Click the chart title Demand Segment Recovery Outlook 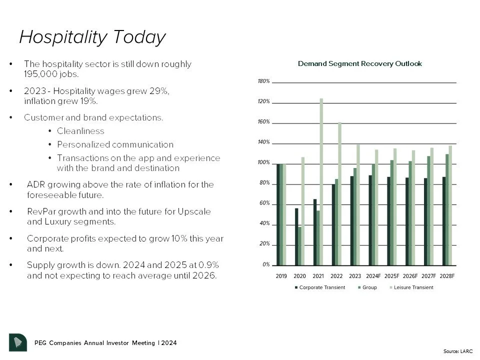[x=359, y=64]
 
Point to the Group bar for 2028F [x=446, y=209]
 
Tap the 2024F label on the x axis [x=373, y=275]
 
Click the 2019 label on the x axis [x=281, y=275]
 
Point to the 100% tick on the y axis [x=264, y=163]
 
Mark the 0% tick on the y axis [x=266, y=265]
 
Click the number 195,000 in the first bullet [x=43, y=73]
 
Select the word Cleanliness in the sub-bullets [x=80, y=131]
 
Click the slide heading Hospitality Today [x=92, y=37]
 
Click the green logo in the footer [x=18, y=342]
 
